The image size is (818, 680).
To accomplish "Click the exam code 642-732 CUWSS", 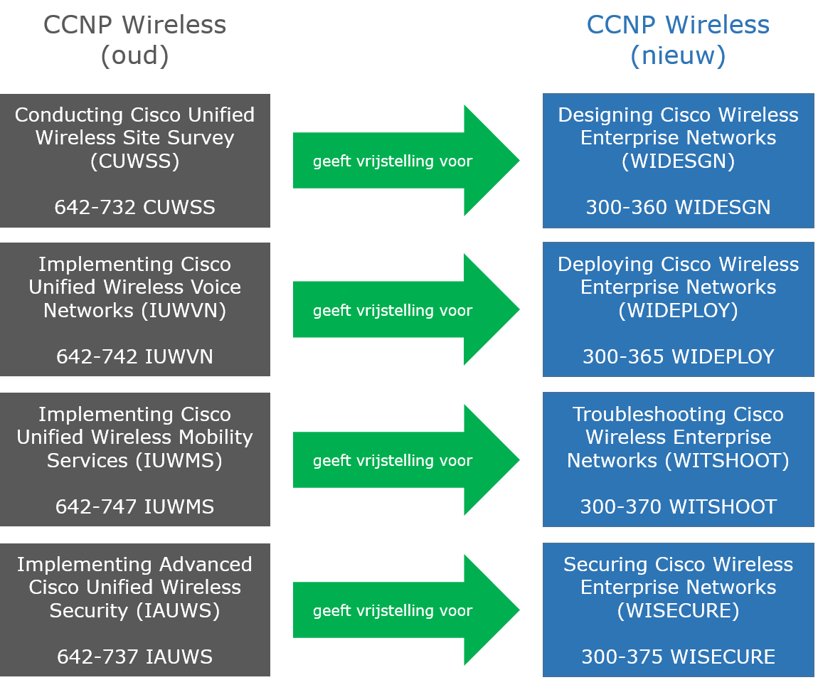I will tap(134, 207).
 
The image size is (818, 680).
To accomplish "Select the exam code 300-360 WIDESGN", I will tap(678, 207).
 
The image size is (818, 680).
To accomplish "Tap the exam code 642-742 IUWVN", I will tap(134, 356).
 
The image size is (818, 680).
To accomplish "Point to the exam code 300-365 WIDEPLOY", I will tap(678, 356).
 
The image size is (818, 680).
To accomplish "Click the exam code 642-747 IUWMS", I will tap(134, 506).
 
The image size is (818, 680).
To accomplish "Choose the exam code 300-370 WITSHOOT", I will tap(678, 506).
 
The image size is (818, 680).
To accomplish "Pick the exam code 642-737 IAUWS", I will tap(134, 657).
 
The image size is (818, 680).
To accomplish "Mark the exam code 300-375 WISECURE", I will tap(678, 657).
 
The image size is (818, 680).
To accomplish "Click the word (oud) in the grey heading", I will tap(134, 55).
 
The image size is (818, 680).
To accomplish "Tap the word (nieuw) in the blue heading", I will tap(678, 55).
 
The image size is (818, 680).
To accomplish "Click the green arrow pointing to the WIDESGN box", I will tap(405, 161).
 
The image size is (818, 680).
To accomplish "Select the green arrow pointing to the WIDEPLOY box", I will tap(405, 310).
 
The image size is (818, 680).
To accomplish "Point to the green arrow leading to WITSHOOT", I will tap(405, 460).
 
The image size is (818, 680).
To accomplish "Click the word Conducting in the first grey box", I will tap(70, 115).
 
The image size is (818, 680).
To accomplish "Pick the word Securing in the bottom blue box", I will tap(605, 565).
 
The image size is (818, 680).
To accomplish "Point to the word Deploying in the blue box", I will tap(605, 265).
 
